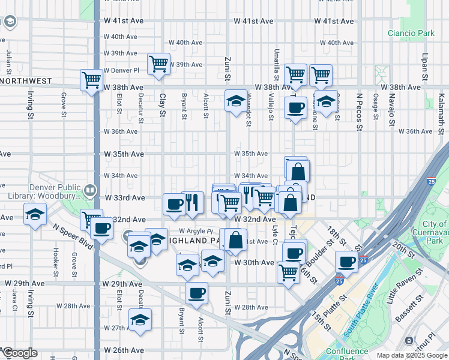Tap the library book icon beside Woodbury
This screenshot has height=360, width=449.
(90, 191)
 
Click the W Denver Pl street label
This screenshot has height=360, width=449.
(121, 70)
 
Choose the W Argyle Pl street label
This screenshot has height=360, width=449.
(195, 230)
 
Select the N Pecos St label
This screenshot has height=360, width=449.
(360, 112)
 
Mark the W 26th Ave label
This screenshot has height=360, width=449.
(125, 350)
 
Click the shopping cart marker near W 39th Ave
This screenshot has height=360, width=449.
(158, 64)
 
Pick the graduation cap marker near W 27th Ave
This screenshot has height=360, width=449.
(140, 319)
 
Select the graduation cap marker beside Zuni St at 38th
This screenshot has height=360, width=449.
(237, 100)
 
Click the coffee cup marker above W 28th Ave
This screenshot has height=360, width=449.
(196, 293)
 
